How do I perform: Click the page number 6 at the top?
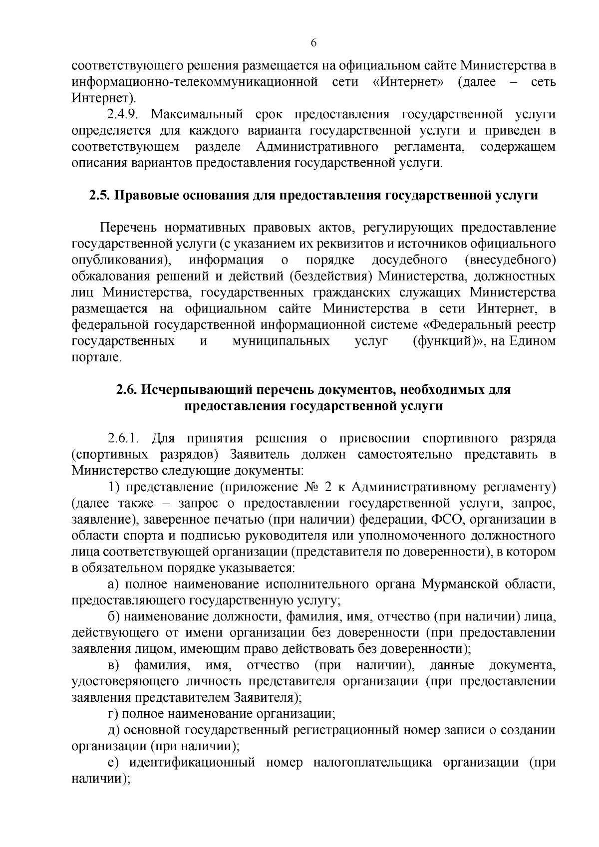tap(313, 43)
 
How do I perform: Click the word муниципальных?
tap(281, 341)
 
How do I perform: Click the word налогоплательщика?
tap(372, 763)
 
